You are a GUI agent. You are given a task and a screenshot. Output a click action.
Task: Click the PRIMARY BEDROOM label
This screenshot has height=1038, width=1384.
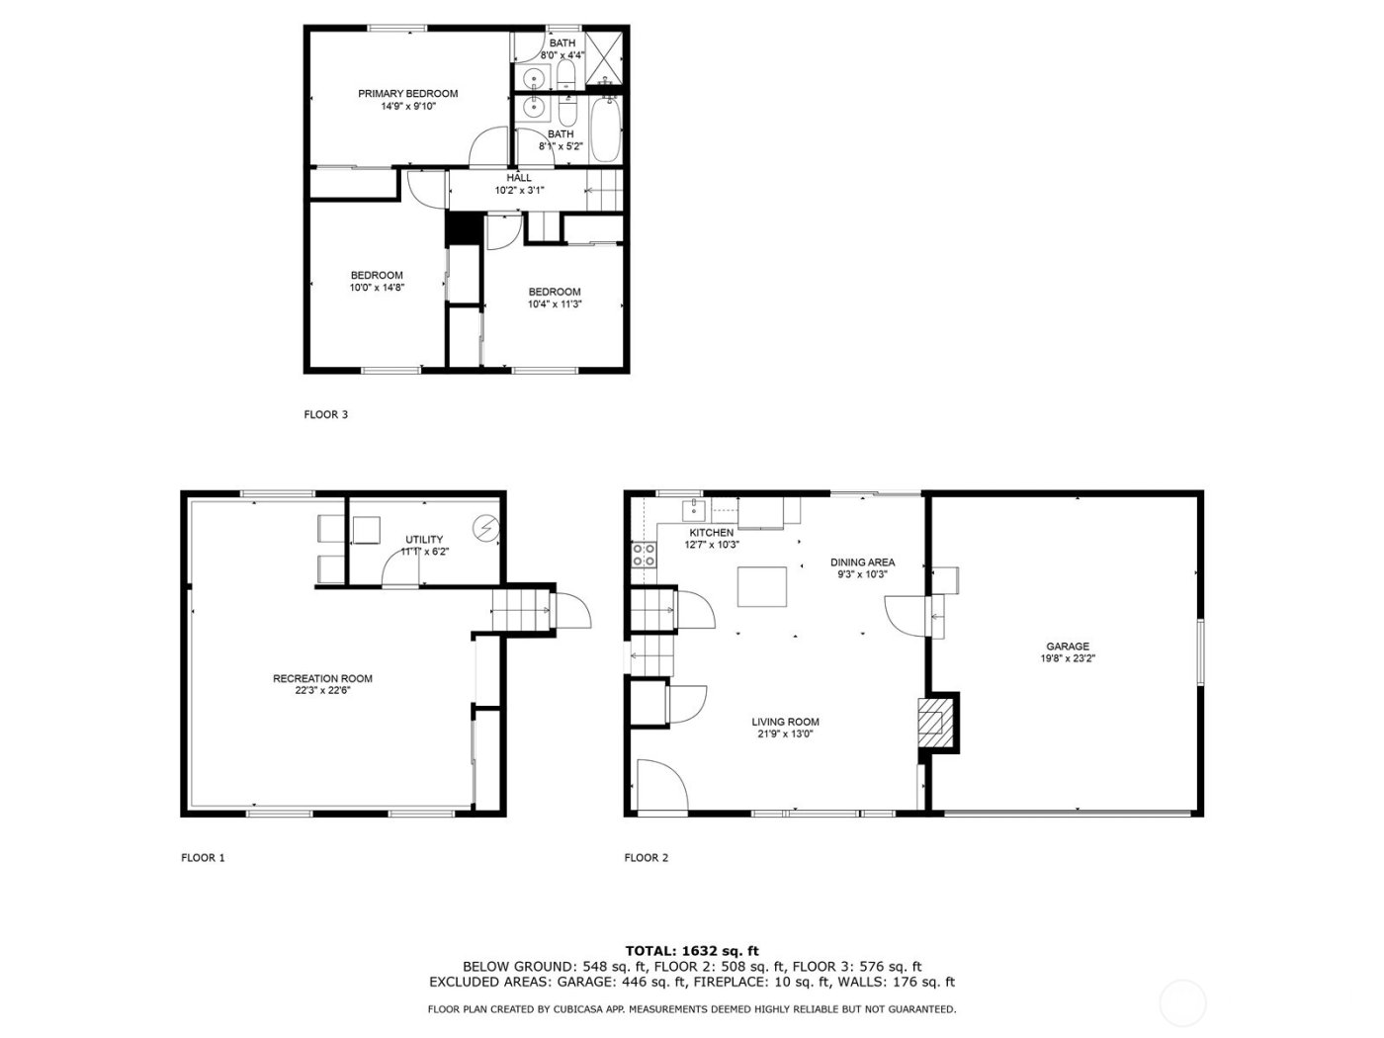click(x=407, y=94)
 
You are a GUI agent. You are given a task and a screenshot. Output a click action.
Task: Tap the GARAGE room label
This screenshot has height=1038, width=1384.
click(x=1068, y=647)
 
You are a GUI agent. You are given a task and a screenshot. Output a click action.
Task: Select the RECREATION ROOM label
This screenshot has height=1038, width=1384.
click(x=322, y=678)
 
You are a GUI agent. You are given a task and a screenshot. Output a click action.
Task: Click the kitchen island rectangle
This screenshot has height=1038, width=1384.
click(x=762, y=586)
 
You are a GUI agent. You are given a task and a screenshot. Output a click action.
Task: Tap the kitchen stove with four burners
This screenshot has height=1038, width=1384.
click(x=644, y=556)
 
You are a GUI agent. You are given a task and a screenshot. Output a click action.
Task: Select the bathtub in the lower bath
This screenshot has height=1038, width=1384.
click(x=603, y=131)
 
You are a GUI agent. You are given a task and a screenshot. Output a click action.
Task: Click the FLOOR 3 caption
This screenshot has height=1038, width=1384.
click(x=325, y=415)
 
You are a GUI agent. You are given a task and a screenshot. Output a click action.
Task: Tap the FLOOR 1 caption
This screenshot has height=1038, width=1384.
click(x=203, y=858)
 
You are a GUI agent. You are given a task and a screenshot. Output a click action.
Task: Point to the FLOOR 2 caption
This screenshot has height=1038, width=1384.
click(x=646, y=858)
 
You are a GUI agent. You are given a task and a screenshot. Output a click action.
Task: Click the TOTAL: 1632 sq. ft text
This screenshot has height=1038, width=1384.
click(x=692, y=951)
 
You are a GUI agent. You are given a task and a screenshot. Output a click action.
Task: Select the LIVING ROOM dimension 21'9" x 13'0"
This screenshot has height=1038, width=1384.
click(x=785, y=734)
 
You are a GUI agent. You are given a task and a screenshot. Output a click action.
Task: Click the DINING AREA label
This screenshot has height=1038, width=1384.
click(x=862, y=562)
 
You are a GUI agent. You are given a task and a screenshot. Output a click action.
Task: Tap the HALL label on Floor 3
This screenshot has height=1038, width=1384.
click(x=519, y=178)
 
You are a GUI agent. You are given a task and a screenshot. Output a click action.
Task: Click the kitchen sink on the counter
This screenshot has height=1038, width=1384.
click(x=695, y=509)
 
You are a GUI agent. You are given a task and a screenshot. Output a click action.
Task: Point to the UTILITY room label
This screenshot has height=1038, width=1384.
click(x=424, y=540)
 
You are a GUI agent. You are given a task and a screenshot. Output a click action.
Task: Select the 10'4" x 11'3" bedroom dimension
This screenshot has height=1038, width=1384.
click(x=554, y=304)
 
